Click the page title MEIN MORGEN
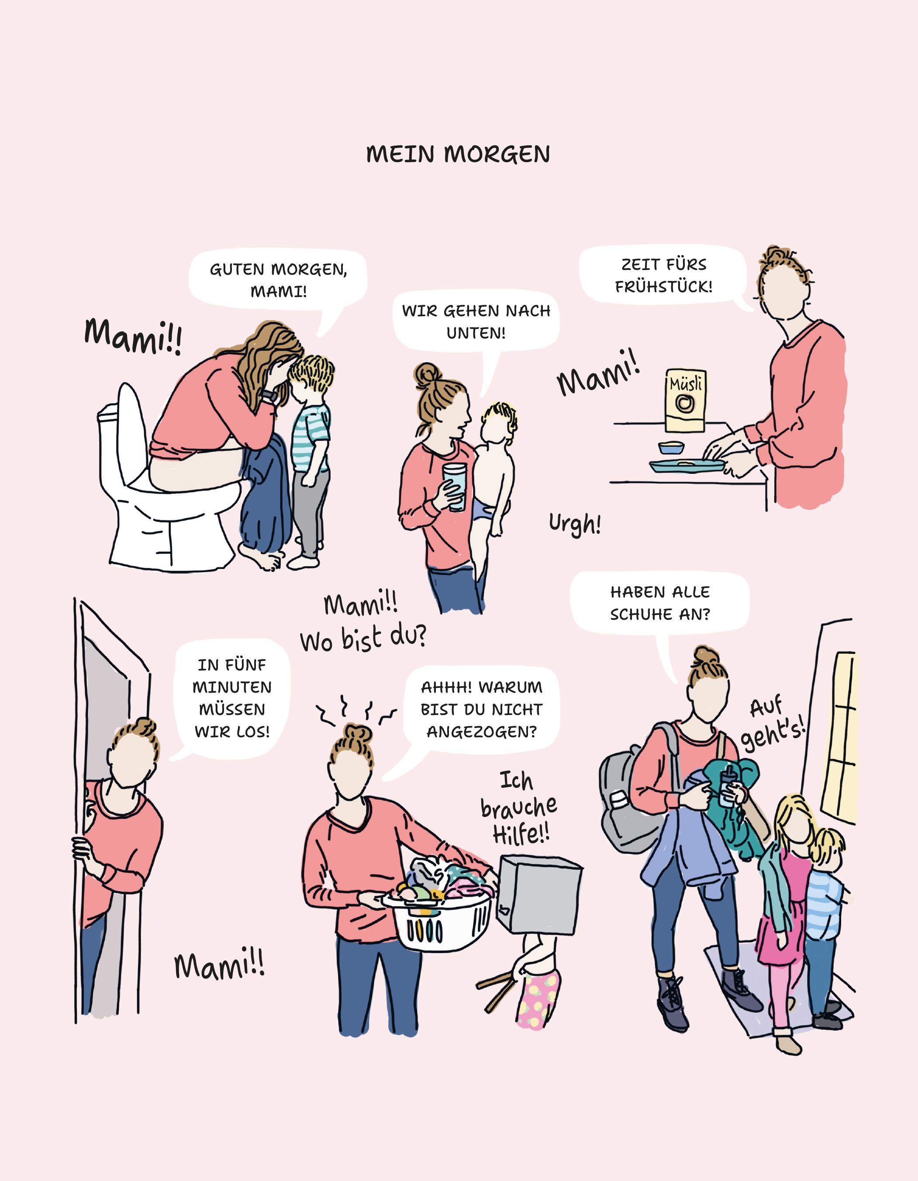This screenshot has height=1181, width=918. [x=458, y=155]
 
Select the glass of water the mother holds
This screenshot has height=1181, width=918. [x=454, y=485]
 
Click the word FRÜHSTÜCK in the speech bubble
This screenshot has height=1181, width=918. [x=663, y=287]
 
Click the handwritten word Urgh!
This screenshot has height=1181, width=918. [x=575, y=523]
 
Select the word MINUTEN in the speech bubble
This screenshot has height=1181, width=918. [x=232, y=687]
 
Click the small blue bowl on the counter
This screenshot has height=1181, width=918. [x=671, y=448]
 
